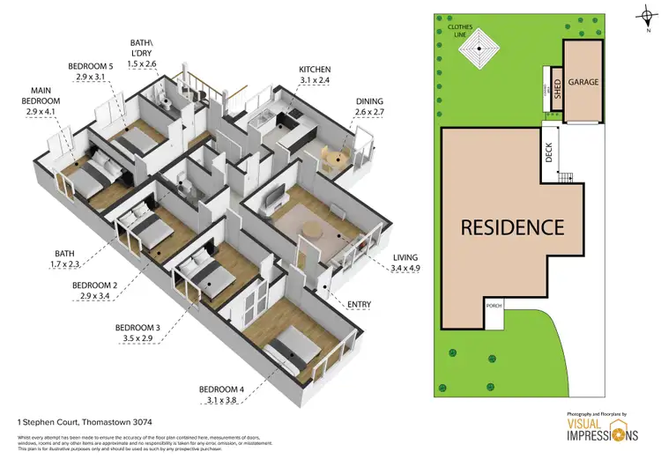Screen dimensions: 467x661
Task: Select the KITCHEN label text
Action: tap(315, 69)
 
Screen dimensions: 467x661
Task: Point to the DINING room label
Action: tap(369, 101)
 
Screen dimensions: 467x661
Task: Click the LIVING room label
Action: tap(405, 258)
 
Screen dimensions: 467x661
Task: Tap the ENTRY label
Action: tap(359, 305)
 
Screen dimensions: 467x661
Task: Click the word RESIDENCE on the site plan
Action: tap(512, 227)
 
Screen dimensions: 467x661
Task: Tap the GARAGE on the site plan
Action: tap(583, 82)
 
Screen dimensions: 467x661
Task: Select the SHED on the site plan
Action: tap(557, 88)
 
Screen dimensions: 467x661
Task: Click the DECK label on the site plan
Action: tap(549, 154)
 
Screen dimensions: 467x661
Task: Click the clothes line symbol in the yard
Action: tap(481, 49)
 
